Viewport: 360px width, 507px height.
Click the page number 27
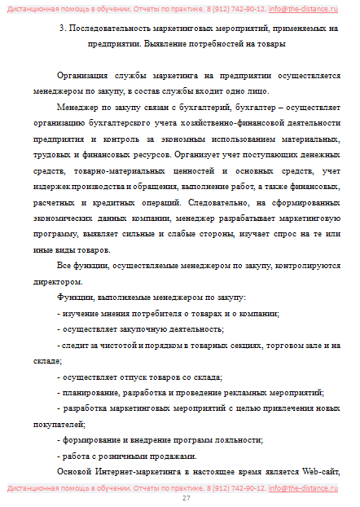pos(186,497)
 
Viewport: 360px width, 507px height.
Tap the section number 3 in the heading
pos(63,29)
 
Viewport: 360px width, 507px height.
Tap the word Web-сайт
pos(318,473)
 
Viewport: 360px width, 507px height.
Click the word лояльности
pos(240,439)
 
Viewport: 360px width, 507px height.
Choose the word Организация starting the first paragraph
pos(83,74)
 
